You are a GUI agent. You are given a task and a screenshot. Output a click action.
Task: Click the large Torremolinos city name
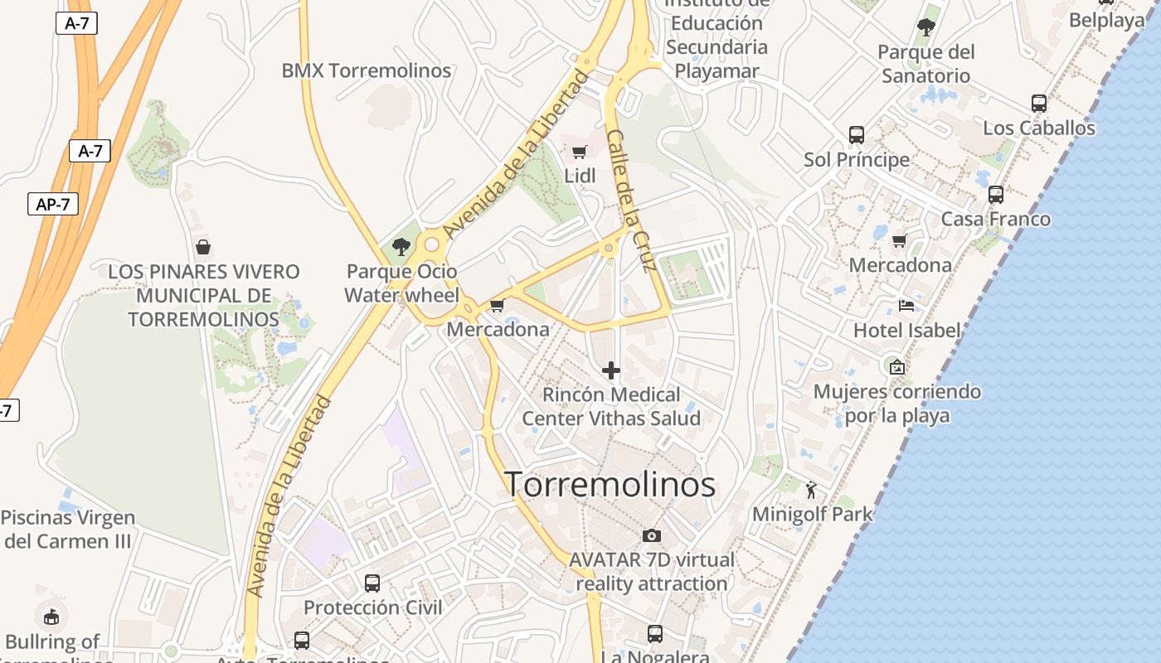pos(610,485)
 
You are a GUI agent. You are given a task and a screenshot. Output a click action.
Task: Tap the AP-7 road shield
pos(52,204)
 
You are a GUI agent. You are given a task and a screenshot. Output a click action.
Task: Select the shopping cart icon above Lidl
pos(580,152)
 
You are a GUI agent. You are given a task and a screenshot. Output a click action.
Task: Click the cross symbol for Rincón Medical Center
pos(611,370)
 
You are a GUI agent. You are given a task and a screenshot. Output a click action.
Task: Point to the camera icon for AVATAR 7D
pos(652,535)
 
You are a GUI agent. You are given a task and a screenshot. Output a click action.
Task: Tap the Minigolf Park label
pos(812,514)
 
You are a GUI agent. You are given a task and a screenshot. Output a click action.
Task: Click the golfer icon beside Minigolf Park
pos(811,490)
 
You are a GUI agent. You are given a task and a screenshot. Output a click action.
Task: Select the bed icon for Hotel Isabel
pos(906,306)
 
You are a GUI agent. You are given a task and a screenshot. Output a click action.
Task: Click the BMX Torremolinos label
pos(367,70)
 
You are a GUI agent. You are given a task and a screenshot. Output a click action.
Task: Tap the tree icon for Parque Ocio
pos(401,246)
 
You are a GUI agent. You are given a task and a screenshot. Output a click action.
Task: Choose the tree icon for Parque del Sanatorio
pos(926,27)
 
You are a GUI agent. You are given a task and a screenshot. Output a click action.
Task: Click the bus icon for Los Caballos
pos(1039,104)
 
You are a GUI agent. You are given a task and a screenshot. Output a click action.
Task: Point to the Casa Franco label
pos(995,220)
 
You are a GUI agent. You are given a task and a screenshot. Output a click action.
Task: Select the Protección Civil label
pos(372,607)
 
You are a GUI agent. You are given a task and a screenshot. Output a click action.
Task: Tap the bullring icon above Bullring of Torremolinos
pos(51,617)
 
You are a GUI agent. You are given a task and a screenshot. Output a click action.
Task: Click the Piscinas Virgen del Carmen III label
pos(67,530)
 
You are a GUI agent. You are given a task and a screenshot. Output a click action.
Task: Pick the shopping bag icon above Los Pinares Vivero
pos(203,247)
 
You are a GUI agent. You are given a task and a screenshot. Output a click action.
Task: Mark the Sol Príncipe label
pos(857,159)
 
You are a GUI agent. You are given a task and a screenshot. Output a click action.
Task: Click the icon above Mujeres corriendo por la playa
pos(896,366)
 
